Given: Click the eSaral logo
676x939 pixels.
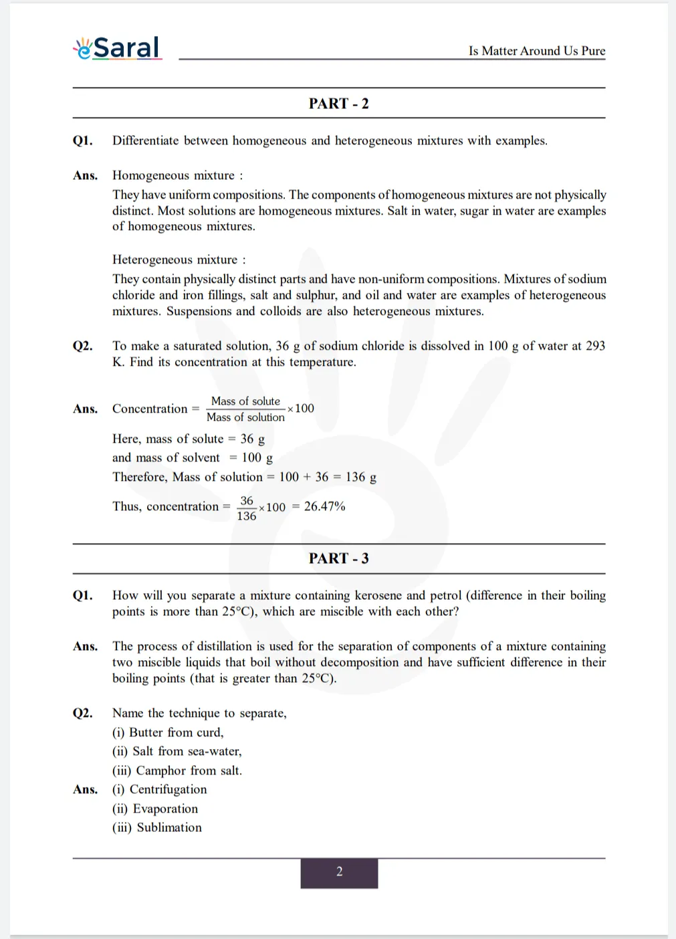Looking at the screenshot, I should [118, 47].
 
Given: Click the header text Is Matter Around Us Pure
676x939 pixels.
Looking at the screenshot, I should [536, 51].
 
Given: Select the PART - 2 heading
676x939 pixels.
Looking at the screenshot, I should [338, 104].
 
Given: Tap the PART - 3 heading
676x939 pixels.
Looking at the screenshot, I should [338, 558].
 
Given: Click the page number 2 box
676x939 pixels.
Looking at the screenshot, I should [339, 872].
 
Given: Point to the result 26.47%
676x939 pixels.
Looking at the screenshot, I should [324, 506].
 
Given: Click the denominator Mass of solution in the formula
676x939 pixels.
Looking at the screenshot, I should [245, 417].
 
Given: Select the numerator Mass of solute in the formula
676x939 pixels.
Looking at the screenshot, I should [245, 401].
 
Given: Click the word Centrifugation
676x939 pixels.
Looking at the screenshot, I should [168, 789].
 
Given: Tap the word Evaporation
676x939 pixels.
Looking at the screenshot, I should [165, 809].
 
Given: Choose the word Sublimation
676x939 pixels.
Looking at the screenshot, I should [169, 827].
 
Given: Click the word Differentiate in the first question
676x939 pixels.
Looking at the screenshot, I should [145, 140].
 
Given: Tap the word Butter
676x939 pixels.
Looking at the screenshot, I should [145, 732].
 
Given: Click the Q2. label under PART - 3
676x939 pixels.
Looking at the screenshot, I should [83, 713].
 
